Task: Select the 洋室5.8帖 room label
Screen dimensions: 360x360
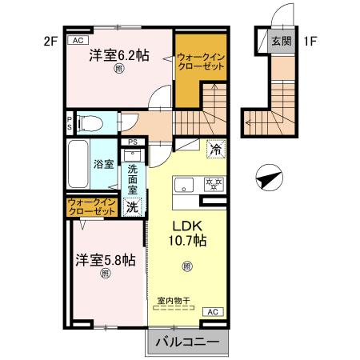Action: pyautogui.click(x=105, y=260)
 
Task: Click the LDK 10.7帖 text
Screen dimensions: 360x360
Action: pyautogui.click(x=186, y=233)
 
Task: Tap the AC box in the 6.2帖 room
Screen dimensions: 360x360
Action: pyautogui.click(x=78, y=40)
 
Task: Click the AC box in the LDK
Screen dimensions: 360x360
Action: pyautogui.click(x=212, y=311)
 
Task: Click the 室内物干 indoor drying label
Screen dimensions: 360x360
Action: pyautogui.click(x=174, y=301)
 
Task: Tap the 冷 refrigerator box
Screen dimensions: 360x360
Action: pyautogui.click(x=215, y=148)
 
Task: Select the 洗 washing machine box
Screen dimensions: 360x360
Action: pyautogui.click(x=133, y=206)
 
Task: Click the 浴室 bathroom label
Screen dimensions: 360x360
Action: pyautogui.click(x=103, y=166)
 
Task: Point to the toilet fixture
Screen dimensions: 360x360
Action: pyautogui.click(x=90, y=123)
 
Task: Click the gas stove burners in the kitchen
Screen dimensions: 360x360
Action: pyautogui.click(x=214, y=182)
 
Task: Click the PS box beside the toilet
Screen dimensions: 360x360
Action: pyautogui.click(x=70, y=123)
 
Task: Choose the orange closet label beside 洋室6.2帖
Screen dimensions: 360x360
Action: pyautogui.click(x=200, y=62)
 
